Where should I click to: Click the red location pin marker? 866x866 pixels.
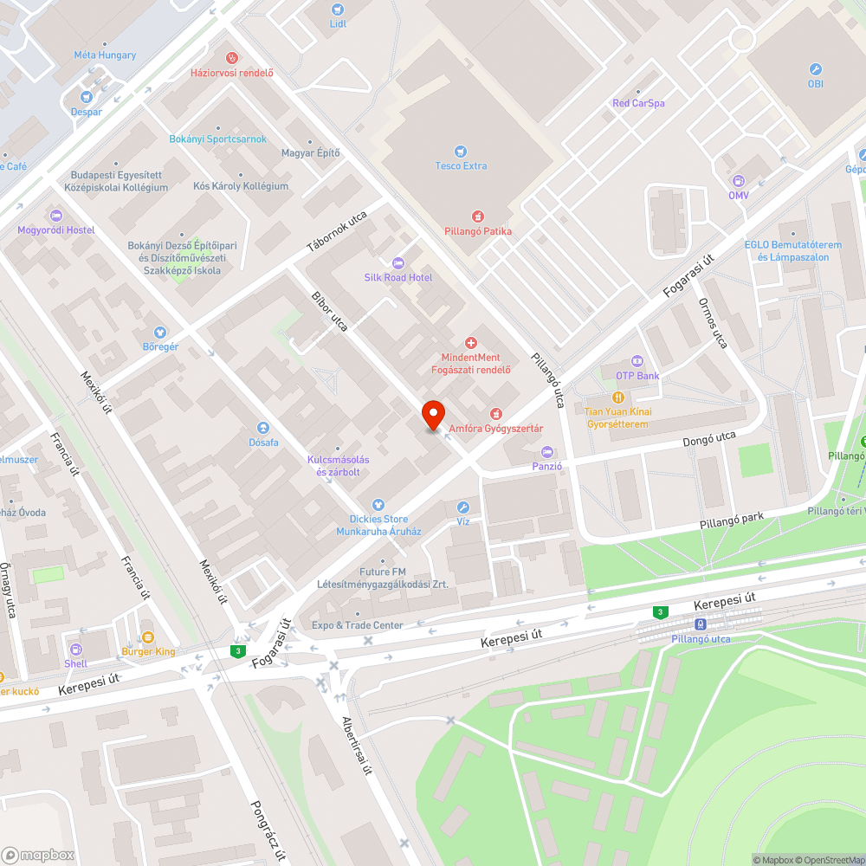(x=433, y=416)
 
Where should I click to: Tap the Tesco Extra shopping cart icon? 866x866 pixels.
(x=461, y=151)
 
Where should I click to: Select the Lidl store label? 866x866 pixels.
(x=338, y=23)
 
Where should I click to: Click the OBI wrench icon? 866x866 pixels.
(x=815, y=69)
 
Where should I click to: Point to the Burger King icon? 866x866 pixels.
(x=147, y=637)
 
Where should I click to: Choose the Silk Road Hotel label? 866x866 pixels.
(x=398, y=277)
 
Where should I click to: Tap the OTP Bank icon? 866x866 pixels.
(x=637, y=361)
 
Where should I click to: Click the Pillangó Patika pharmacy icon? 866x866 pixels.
(x=477, y=216)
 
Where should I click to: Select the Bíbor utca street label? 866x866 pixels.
(x=330, y=312)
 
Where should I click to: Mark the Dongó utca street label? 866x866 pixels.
(x=708, y=439)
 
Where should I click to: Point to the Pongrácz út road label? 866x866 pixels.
(x=268, y=827)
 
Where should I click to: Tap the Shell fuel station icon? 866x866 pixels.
(x=76, y=649)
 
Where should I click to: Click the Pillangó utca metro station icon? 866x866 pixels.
(x=700, y=624)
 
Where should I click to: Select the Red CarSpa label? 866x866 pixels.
(x=638, y=103)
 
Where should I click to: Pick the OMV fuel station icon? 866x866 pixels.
(x=738, y=181)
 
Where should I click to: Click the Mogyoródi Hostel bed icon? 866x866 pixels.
(x=56, y=216)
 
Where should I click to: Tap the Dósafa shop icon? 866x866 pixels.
(x=263, y=428)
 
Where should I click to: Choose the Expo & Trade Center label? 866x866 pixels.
(x=358, y=625)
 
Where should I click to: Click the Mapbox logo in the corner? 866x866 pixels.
(x=38, y=855)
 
